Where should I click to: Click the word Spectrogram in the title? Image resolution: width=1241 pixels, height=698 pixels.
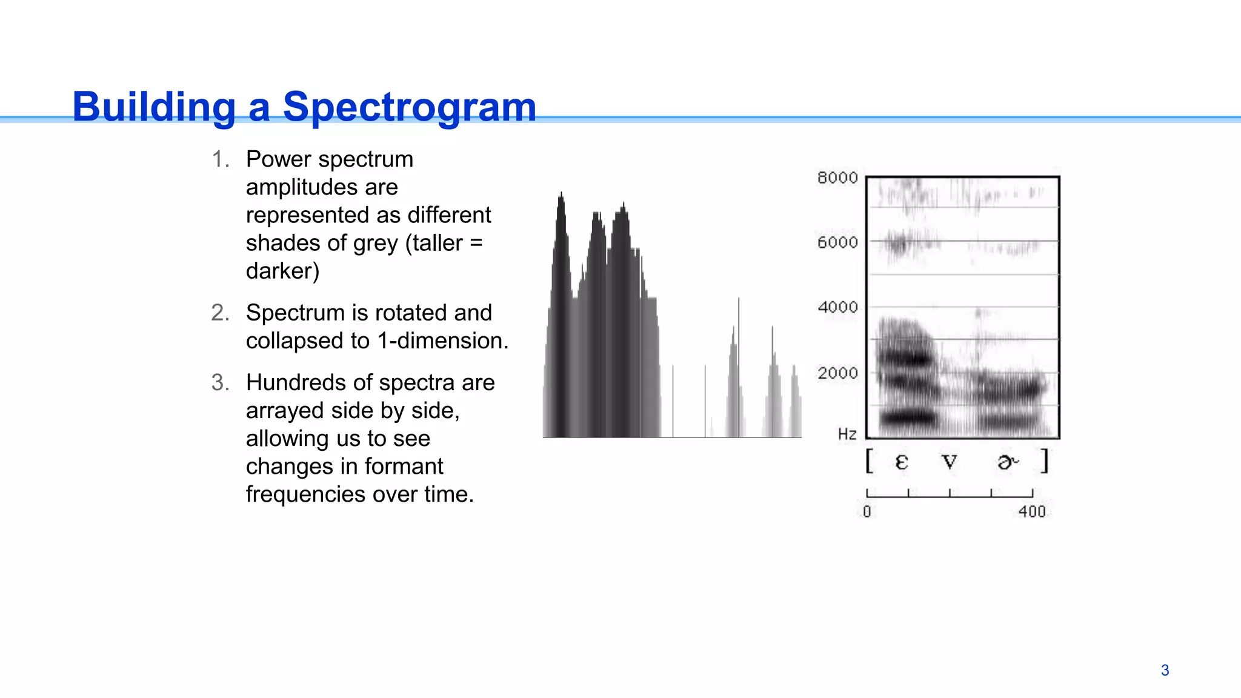pos(410,107)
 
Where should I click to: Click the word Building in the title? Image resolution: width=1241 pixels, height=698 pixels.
pos(154,107)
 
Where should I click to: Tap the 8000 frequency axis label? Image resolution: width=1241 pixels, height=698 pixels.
pos(837,178)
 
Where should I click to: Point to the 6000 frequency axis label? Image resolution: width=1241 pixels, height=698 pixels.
pos(837,242)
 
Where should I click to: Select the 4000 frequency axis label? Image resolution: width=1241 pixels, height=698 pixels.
pos(837,307)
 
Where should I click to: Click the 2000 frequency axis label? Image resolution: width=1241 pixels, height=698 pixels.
pos(837,373)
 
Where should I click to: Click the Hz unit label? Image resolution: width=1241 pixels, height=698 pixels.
pos(847,434)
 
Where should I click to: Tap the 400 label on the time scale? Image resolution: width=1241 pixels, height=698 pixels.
pos(1032,512)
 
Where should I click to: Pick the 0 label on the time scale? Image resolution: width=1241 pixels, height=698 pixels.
pos(867,512)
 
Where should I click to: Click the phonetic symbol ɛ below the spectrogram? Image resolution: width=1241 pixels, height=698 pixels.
pos(902,462)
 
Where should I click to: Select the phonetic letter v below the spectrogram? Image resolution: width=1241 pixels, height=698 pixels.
pos(950,462)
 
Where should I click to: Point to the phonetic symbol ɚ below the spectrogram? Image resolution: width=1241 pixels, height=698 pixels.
pos(1008,462)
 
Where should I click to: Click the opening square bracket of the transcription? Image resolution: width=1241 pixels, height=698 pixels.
pos(870,461)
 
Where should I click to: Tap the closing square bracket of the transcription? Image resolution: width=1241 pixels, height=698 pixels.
pos(1045,461)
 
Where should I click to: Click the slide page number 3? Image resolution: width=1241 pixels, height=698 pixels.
pos(1165,670)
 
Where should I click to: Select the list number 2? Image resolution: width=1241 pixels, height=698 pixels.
pos(219,313)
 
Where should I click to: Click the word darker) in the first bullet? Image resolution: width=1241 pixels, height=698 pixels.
pos(282,271)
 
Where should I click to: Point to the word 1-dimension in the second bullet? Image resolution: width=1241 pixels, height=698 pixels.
pos(440,341)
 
